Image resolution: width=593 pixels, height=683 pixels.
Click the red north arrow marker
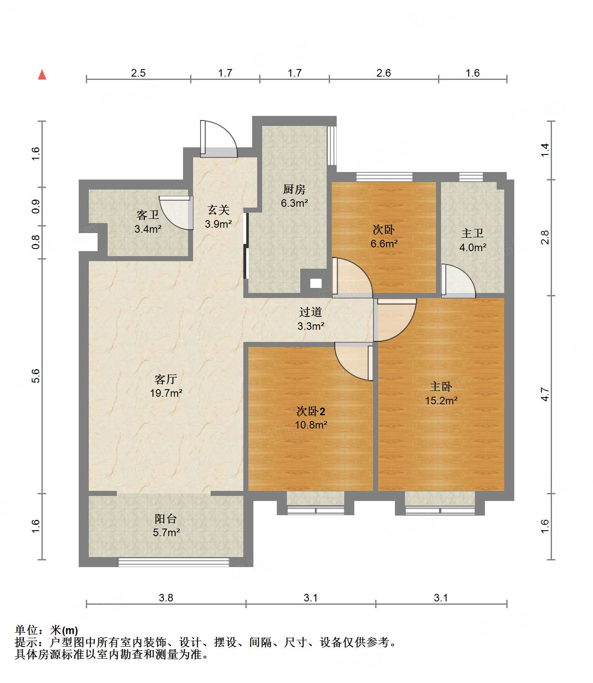tap(42, 74)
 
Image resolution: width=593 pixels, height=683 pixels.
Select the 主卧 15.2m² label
tap(441, 393)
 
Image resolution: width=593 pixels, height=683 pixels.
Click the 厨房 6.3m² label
tap(294, 196)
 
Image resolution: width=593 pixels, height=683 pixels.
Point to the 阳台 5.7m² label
tap(166, 526)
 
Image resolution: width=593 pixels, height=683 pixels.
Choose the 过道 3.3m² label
tap(311, 319)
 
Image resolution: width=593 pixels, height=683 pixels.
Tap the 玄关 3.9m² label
tap(218, 217)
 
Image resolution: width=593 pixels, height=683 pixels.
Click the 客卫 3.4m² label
tap(148, 222)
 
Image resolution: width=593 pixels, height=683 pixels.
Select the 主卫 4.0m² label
tap(472, 240)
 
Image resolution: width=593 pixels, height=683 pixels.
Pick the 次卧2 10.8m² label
tap(311, 418)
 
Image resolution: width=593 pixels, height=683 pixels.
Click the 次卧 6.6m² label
tap(384, 236)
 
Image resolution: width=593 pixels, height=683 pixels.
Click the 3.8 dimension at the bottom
tap(166, 598)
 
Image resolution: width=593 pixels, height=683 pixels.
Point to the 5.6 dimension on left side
tap(36, 375)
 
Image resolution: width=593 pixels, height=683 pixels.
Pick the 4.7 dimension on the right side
tap(544, 394)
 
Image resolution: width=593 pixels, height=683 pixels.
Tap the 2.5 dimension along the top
tap(138, 73)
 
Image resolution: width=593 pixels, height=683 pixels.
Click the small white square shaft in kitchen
tap(316, 283)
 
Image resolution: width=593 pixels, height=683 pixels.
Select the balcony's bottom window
tap(173, 562)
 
